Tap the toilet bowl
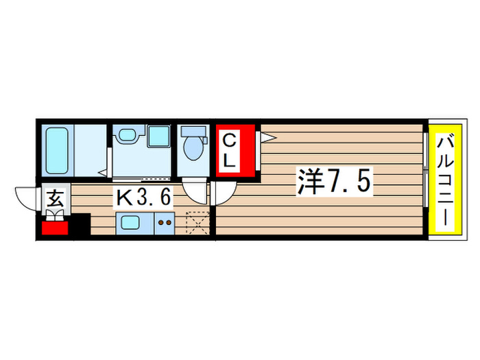click(x=195, y=148)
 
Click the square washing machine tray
click(x=160, y=135)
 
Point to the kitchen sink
click(x=130, y=221)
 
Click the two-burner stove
click(x=165, y=221)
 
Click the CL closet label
click(x=230, y=152)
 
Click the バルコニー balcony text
click(x=445, y=182)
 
